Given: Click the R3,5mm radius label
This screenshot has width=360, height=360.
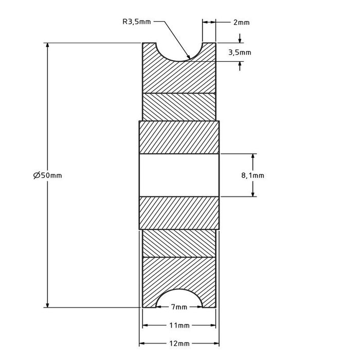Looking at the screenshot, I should [x=137, y=22].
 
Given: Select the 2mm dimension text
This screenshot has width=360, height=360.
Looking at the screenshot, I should [x=241, y=22].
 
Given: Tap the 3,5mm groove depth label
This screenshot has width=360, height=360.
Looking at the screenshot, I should [x=239, y=52].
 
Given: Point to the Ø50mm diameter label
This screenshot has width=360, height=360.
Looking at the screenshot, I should [x=47, y=175].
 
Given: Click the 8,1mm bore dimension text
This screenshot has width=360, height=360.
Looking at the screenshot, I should [x=253, y=175].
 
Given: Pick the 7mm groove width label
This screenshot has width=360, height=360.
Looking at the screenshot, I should [x=178, y=307].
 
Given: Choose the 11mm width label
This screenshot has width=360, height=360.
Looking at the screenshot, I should [x=178, y=326].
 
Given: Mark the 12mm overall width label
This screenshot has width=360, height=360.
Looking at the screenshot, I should [x=178, y=343].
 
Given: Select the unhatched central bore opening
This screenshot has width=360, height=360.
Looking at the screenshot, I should [x=179, y=175].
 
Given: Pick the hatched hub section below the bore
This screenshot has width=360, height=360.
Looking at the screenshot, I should [x=179, y=213].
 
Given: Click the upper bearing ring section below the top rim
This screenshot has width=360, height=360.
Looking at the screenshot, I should [x=179, y=106].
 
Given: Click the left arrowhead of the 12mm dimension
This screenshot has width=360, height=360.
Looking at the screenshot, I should [x=142, y=343].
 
